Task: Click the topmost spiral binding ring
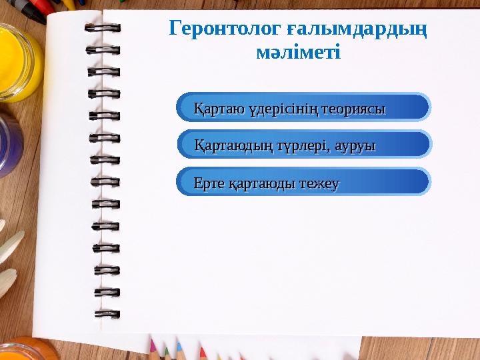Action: coord(103,28)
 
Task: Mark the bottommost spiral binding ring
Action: coord(107,313)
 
